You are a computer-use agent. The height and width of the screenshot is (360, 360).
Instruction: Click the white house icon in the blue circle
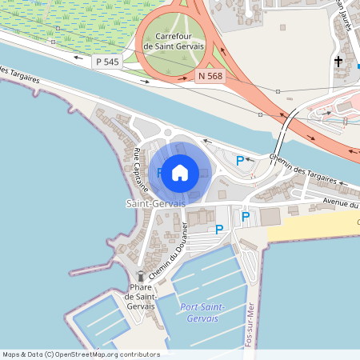pos(180,172)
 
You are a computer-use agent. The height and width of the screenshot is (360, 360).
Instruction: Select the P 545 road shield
pos(106,62)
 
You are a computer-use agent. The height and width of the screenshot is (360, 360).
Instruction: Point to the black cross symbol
pos(338,61)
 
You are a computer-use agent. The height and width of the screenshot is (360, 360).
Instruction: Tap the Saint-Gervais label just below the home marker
pos(156,204)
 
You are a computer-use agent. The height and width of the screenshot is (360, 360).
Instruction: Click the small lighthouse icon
pos(140,276)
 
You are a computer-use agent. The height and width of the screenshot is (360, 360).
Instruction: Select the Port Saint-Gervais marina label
pos(202,313)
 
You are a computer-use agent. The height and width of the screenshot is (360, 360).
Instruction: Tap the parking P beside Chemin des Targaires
pos(240,161)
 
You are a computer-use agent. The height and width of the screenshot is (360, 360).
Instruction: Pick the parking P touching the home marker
pos(160,172)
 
